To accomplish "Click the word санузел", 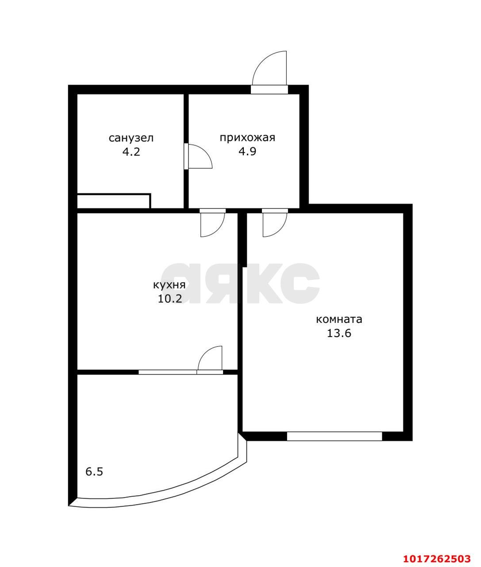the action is (x=131, y=138).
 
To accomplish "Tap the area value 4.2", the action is (x=131, y=151).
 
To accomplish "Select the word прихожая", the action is (x=247, y=138).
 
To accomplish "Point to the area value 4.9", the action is (x=247, y=151).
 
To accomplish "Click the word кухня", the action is (x=169, y=285).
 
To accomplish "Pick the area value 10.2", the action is (x=169, y=299).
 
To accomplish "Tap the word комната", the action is (x=339, y=319).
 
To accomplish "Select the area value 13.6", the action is (x=339, y=333).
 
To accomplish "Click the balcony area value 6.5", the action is (x=94, y=472).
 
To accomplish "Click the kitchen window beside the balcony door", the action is (x=167, y=372).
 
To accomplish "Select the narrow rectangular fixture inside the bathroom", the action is (x=114, y=201).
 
